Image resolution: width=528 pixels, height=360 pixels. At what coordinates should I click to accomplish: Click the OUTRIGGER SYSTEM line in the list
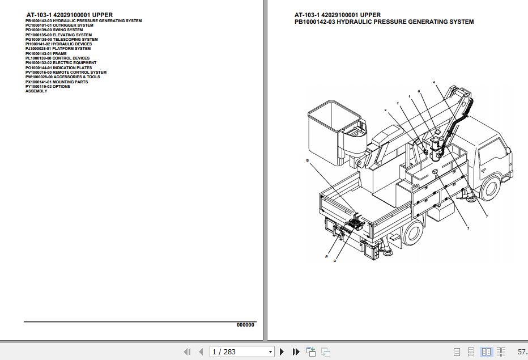59,26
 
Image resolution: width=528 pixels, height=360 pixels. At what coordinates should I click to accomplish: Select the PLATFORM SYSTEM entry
58,49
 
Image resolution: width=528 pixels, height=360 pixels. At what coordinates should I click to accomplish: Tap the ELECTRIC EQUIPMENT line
61,63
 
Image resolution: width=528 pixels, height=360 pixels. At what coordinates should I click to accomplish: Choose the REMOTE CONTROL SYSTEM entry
66,73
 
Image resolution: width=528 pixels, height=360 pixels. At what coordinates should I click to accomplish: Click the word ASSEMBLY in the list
36,91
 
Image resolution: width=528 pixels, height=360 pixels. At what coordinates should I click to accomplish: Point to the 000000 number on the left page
245,325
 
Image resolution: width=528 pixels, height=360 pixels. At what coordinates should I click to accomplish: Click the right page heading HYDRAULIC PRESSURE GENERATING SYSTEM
384,22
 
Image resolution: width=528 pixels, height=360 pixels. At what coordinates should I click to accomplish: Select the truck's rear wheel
412,232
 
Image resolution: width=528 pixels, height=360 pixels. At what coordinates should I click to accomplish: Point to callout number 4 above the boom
434,83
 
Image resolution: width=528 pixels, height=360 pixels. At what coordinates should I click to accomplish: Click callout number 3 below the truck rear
335,261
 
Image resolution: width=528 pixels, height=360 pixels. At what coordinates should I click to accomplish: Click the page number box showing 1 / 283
241,352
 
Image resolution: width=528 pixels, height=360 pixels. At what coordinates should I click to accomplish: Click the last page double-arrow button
296,352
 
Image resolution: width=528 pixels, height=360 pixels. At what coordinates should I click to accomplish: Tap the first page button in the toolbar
187,352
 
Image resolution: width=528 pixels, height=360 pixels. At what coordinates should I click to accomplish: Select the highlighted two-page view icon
486,352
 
